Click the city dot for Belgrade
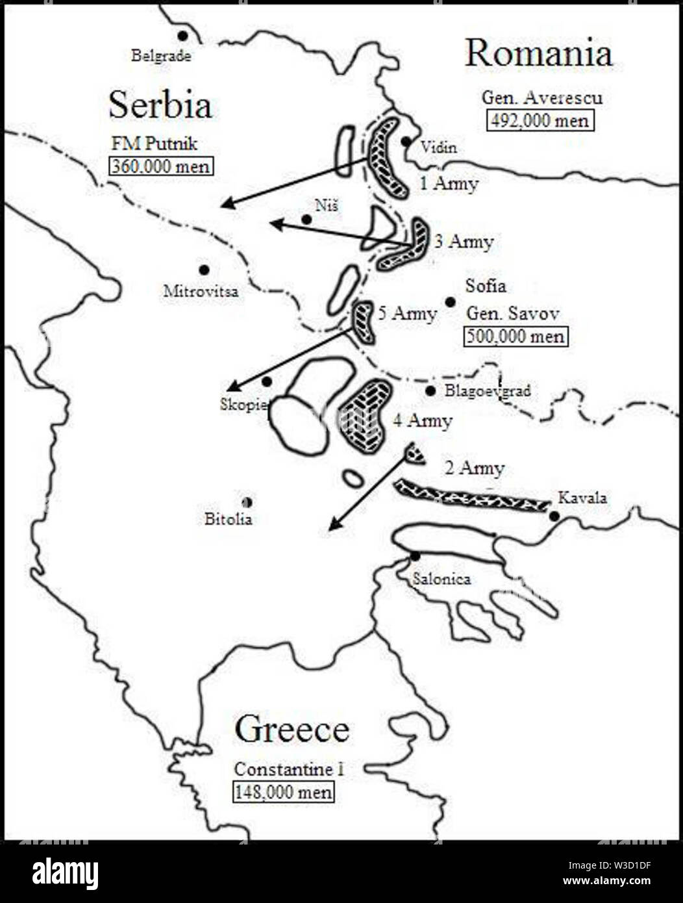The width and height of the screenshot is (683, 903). coord(184,36)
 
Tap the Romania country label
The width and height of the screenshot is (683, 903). coord(538,53)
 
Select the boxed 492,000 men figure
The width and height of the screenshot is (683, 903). coord(540,121)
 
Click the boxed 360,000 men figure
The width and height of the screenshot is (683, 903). coord(161,166)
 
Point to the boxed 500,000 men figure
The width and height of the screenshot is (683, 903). coord(514,337)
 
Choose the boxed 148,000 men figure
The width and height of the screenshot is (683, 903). coord(284,793)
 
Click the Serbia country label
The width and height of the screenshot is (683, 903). coord(160,105)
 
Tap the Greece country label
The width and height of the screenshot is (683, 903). coord(292,729)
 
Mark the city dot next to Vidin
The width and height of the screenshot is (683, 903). coord(406,141)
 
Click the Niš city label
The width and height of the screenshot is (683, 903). coord(326,206)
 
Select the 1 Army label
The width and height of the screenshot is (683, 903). coord(449,184)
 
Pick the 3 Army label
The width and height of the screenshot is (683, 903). coord(464,242)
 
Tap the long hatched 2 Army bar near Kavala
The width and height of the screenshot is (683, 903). coord(473,495)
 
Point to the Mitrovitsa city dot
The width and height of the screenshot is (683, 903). coord(204,270)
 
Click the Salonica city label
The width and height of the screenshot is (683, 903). coord(441,579)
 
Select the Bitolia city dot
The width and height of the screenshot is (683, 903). coord(247,502)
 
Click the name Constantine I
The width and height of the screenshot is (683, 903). coord(288,770)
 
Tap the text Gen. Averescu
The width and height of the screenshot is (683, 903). coord(541,97)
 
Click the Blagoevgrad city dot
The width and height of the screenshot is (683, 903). coord(430,390)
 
